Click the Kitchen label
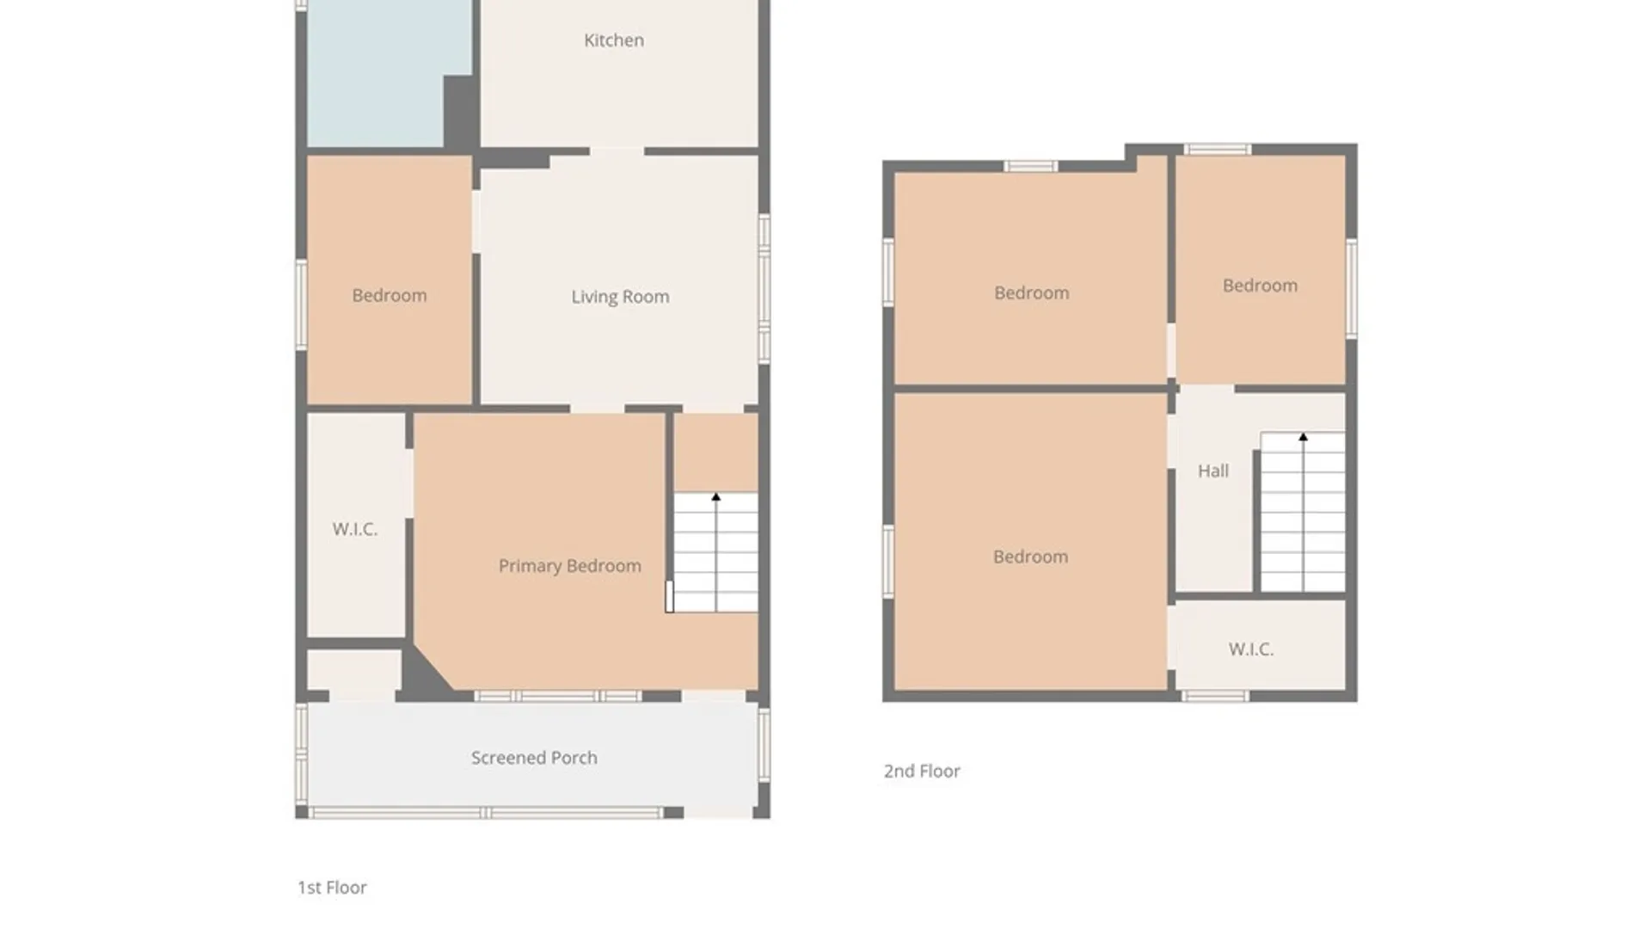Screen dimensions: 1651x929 pyautogui.click(x=614, y=40)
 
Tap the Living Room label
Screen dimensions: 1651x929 pyautogui.click(x=620, y=297)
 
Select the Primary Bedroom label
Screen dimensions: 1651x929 pyautogui.click(x=569, y=566)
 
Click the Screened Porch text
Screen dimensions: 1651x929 pyautogui.click(x=534, y=758)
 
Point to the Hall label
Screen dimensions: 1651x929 pyautogui.click(x=1213, y=471)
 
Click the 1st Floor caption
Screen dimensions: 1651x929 pyautogui.click(x=332, y=888)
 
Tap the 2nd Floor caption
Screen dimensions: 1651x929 pyautogui.click(x=922, y=772)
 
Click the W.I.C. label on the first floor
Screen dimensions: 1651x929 pyautogui.click(x=355, y=529)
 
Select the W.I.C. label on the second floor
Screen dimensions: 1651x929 pyautogui.click(x=1251, y=649)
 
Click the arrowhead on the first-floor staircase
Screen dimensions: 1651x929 pyautogui.click(x=716, y=497)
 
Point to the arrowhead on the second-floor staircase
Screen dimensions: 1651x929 pyautogui.click(x=1304, y=437)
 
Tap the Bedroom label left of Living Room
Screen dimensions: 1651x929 pyautogui.click(x=390, y=296)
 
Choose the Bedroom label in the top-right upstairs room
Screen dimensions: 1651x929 pyautogui.click(x=1261, y=286)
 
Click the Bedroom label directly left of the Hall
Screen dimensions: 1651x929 pyautogui.click(x=1031, y=557)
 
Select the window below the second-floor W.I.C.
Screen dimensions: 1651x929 pyautogui.click(x=1214, y=696)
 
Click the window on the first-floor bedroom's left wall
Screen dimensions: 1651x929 pyautogui.click(x=302, y=305)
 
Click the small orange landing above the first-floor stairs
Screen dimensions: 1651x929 pyautogui.click(x=715, y=452)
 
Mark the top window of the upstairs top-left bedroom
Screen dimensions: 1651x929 pyautogui.click(x=1030, y=166)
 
